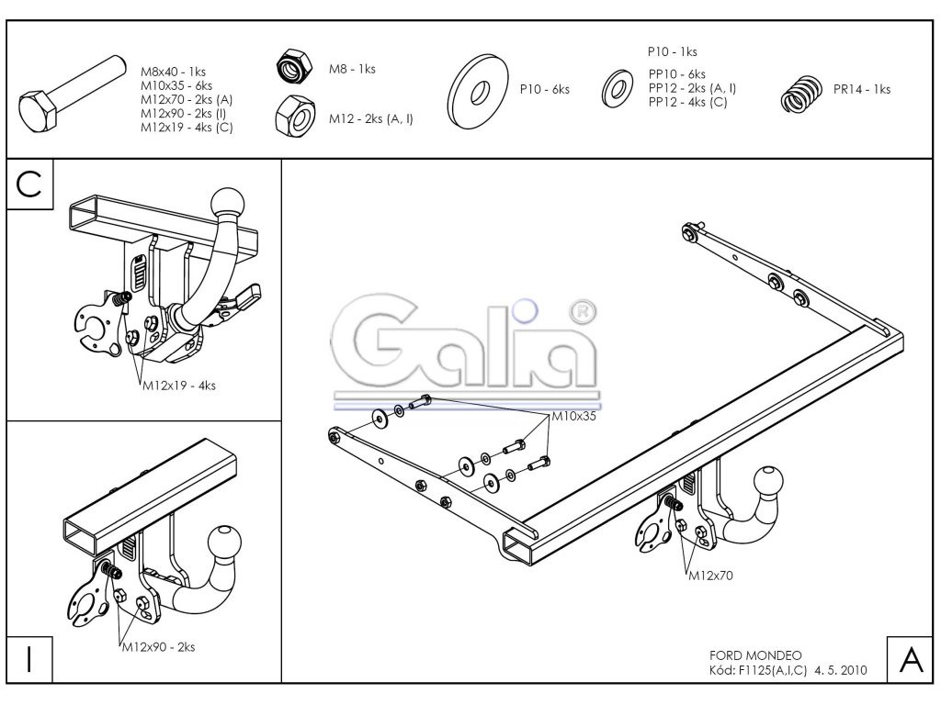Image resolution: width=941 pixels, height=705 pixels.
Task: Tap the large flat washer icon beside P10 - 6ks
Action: click(478, 90)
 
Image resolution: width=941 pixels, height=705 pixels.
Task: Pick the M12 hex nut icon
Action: click(295, 117)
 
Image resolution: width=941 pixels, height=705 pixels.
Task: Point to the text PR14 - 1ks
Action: click(861, 89)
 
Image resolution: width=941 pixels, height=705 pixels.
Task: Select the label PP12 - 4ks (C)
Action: click(687, 102)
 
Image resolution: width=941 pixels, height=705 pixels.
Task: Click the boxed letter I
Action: click(29, 661)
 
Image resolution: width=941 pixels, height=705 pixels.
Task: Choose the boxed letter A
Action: click(909, 660)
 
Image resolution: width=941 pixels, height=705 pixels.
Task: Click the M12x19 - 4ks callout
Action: click(178, 386)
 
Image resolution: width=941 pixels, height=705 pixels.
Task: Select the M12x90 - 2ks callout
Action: click(158, 647)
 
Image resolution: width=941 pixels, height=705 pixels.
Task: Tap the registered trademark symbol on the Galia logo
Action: click(582, 312)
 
